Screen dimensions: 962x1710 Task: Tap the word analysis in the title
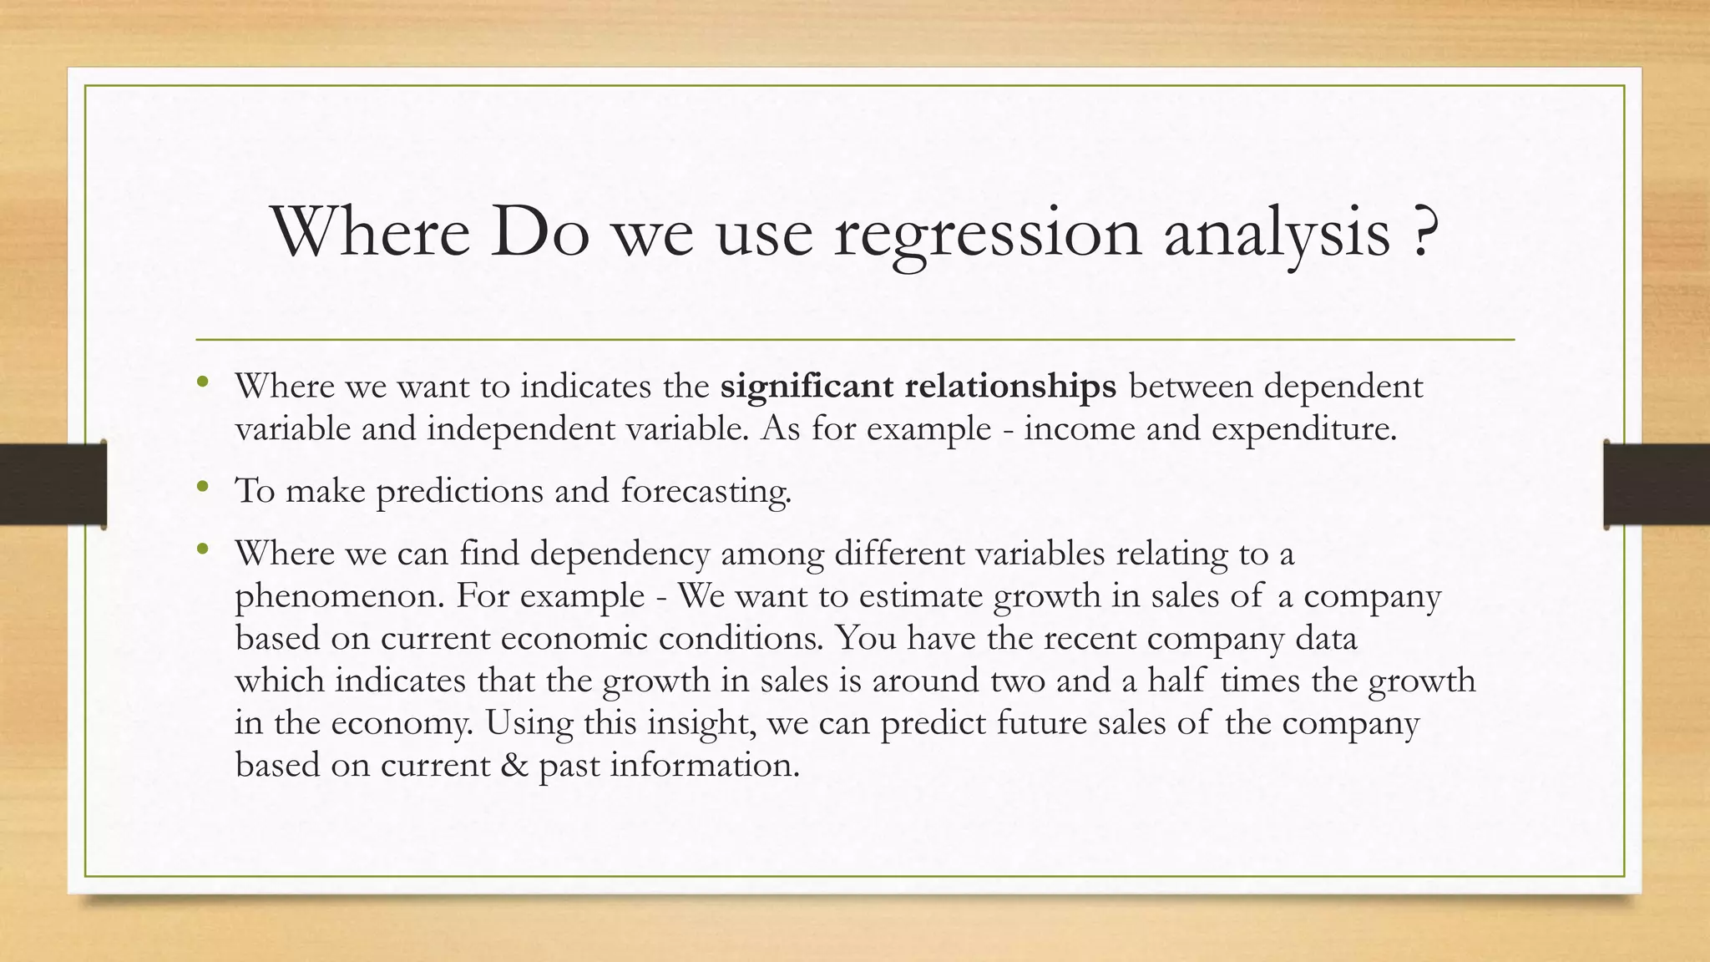pos(1277,235)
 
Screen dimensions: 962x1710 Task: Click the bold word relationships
pos(1010,387)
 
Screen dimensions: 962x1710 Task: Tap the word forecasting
pos(706,491)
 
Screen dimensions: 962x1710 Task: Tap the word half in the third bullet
pos(1176,680)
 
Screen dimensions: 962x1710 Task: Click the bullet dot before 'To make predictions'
pos(201,487)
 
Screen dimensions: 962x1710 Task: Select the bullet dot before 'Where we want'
pos(201,382)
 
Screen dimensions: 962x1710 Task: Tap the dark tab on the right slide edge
pos(1657,484)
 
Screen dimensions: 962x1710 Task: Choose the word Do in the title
pos(539,233)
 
